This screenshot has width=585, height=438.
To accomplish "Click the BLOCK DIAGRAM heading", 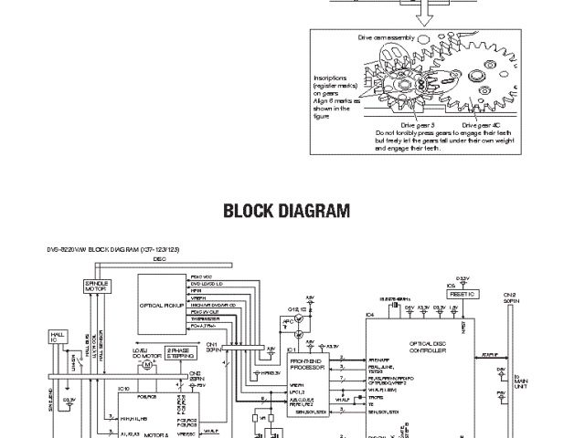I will pyautogui.click(x=287, y=213).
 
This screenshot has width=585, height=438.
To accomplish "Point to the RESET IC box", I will pyautogui.click(x=464, y=295).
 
